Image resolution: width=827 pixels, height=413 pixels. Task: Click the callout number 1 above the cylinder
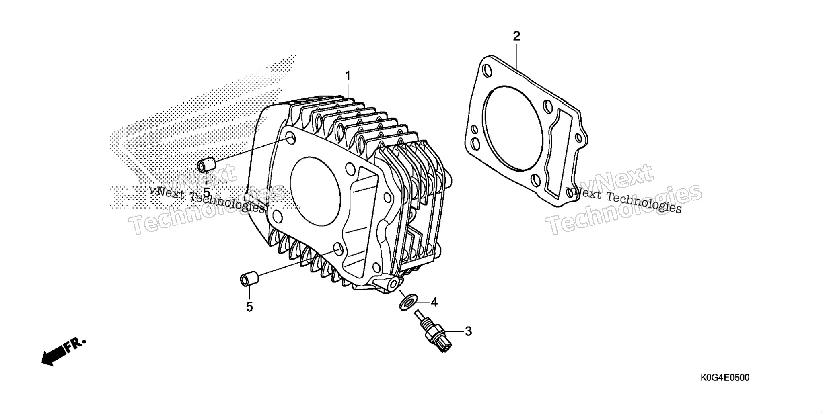348,76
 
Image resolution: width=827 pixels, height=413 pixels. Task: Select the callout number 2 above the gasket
516,36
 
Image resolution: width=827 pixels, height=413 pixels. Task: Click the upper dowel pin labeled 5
206,166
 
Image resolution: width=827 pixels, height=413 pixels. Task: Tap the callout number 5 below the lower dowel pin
249,307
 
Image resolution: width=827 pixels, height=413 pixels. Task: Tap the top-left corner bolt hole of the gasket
487,71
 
